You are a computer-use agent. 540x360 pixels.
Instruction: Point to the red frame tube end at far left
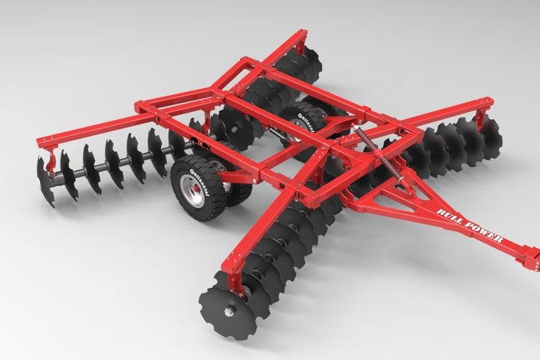[41, 139]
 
